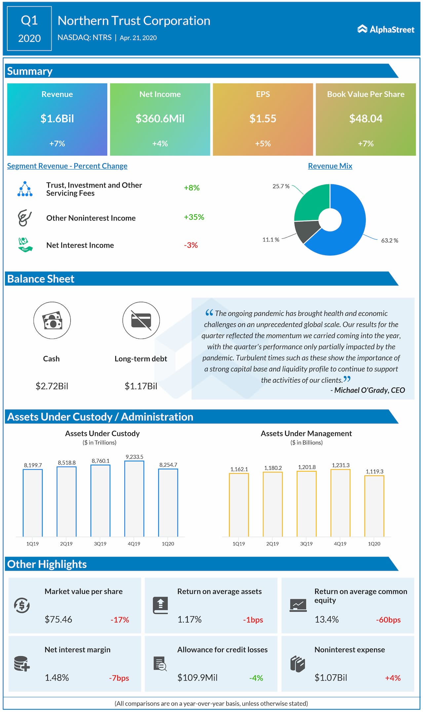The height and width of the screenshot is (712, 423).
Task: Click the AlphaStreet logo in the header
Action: coord(386,29)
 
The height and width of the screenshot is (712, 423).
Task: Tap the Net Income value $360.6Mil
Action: coord(160,119)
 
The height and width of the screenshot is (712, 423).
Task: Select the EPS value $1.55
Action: coord(263,119)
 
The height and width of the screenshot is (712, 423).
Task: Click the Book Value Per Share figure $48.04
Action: coord(365,119)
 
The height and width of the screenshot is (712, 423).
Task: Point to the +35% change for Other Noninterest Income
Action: coord(194,217)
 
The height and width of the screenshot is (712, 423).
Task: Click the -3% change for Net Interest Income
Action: coord(191,245)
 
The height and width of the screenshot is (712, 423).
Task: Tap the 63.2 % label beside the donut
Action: coord(389,240)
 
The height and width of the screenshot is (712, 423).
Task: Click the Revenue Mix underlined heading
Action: coord(330,166)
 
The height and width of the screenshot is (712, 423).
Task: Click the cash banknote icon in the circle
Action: coord(52,320)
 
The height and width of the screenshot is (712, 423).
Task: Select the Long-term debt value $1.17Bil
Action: coord(141,386)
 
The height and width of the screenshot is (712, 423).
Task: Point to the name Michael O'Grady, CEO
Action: coord(369,390)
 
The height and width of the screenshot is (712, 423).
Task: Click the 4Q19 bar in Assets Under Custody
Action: coord(134,498)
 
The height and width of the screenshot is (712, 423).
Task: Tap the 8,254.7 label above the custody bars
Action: coord(168,465)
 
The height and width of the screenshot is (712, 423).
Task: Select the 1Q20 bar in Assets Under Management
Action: coord(374,506)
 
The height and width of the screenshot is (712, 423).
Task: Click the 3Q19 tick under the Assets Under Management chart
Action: coord(306,544)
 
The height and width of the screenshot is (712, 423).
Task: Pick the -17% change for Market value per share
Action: coord(120,620)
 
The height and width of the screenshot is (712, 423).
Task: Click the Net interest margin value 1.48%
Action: coord(57,678)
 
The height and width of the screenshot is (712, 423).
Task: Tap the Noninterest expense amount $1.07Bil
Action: coord(331,678)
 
